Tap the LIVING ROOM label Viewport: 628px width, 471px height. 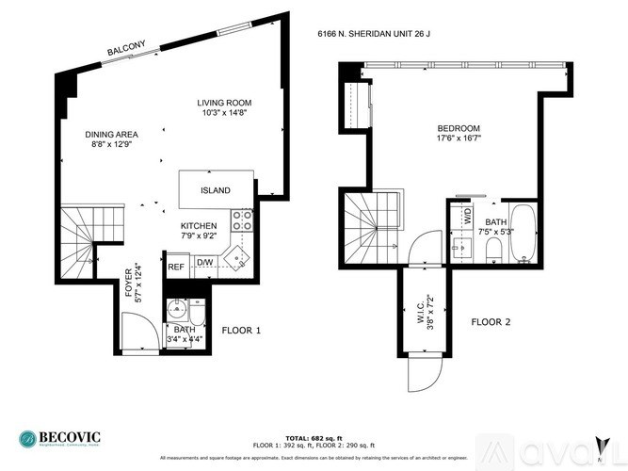point(224,103)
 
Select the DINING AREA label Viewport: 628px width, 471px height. point(111,135)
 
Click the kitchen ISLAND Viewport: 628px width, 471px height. point(216,189)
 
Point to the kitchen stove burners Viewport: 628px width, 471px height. point(242,221)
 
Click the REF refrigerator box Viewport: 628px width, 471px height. point(176,267)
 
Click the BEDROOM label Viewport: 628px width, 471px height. point(459,129)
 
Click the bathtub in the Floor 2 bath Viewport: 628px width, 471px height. point(523,234)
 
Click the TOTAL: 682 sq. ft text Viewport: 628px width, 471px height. point(314,438)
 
